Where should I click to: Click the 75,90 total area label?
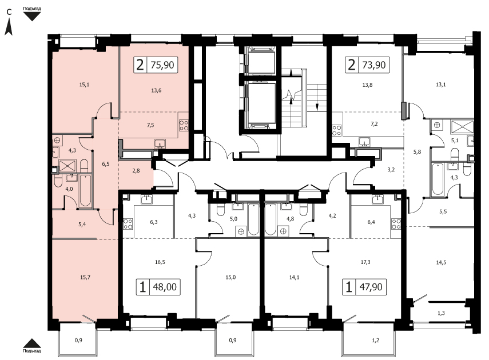coord(162,65)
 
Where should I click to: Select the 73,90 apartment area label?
coord(374,65)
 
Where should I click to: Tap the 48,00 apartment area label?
coord(165,286)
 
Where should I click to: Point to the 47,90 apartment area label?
coord(371,286)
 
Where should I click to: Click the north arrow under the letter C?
coord(9,26)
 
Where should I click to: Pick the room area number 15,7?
coord(85,277)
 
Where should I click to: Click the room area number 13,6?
coord(156,90)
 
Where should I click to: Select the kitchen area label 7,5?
coord(150,125)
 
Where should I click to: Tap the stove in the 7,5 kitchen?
coord(184,125)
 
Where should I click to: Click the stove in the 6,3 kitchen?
coord(128,224)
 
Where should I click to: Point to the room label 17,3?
coord(365,262)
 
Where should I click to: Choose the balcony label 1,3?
coord(441,313)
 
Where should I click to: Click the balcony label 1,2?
coord(376,340)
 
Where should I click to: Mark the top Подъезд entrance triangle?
coord(32,16)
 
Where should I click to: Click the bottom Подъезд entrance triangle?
coord(32,343)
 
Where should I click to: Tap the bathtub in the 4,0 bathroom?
coord(85,191)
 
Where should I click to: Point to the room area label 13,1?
coord(440,85)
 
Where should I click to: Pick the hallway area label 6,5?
coord(106,163)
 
